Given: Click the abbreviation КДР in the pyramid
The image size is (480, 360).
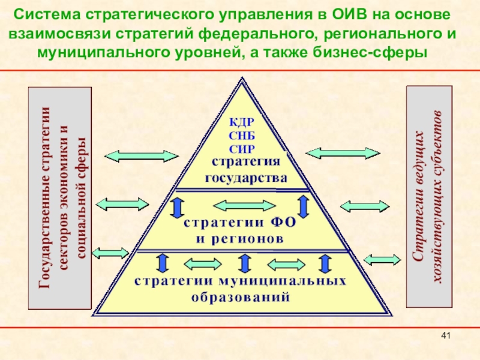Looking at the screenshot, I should point(242,123).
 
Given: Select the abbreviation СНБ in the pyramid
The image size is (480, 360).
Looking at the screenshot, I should point(242,136).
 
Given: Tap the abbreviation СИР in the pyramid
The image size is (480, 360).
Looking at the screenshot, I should point(242,148).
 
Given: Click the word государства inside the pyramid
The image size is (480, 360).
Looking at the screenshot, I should point(246,178).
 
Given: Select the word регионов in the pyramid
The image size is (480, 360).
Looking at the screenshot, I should point(239,238).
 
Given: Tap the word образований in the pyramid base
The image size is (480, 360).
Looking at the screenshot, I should point(241,296).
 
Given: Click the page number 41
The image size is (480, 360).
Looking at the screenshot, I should point(445,335).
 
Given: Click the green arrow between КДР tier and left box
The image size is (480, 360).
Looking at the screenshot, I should point(142,155).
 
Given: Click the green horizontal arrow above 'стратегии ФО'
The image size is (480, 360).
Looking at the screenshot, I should point(240,206).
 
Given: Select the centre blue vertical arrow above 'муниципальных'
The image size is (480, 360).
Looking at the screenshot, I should point(244,264).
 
